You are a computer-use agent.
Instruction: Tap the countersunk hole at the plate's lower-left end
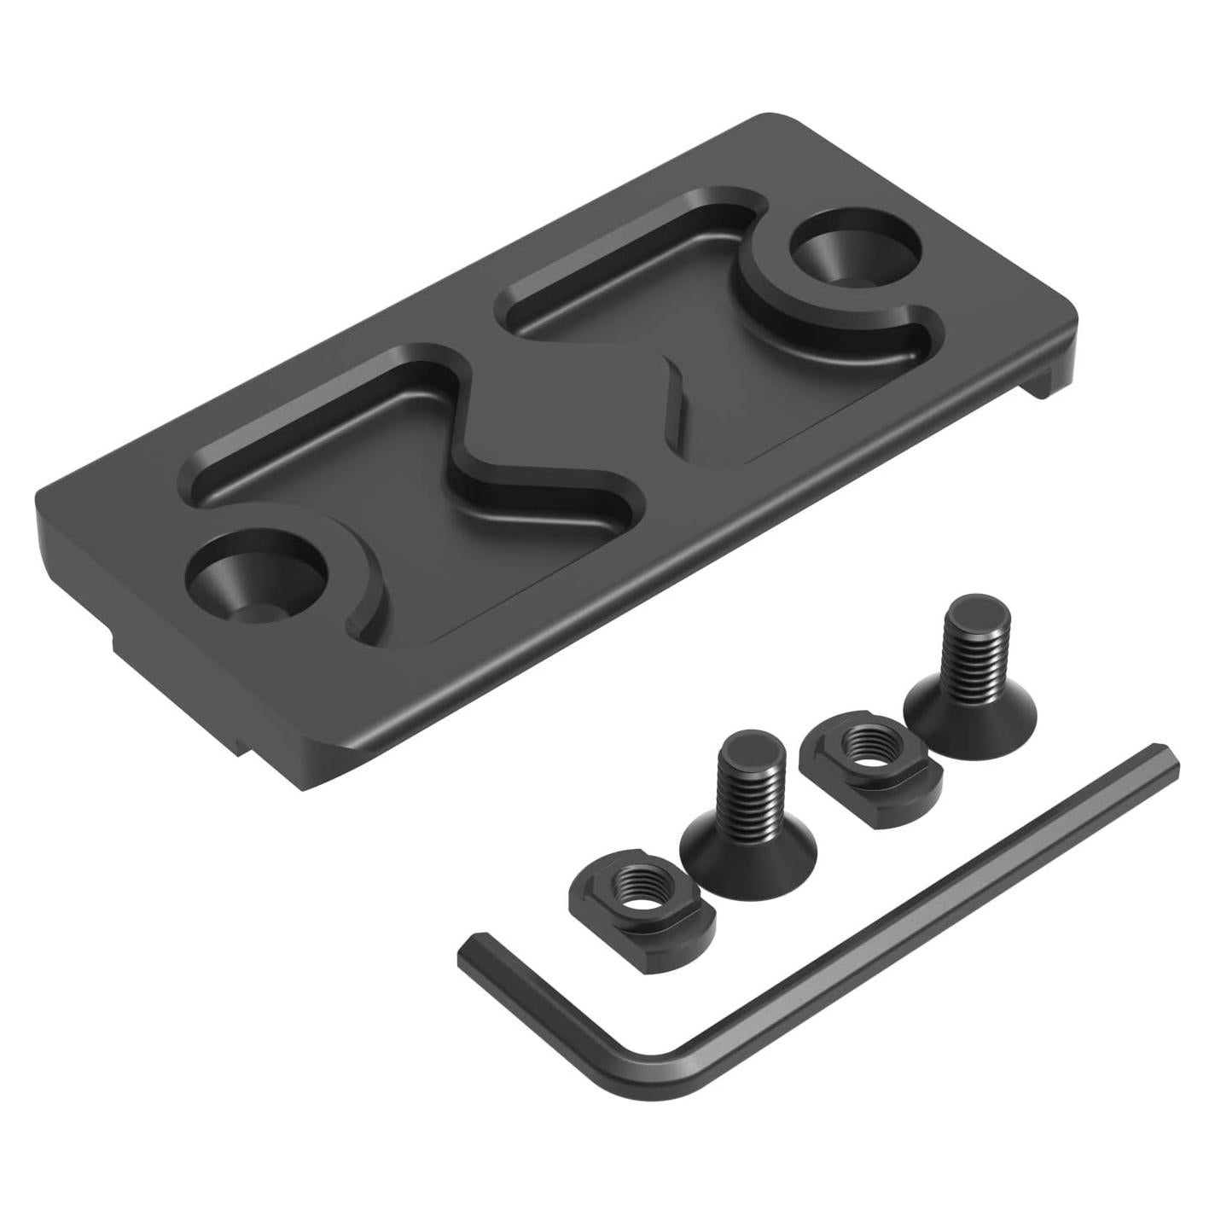pos(255,582)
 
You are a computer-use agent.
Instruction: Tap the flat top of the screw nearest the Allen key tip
pos(970,612)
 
